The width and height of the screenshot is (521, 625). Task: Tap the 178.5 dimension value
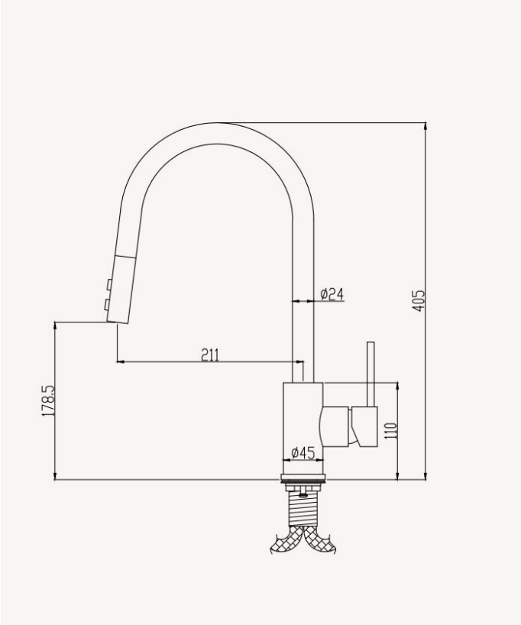(x=48, y=401)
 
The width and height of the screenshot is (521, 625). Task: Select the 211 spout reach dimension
(x=210, y=355)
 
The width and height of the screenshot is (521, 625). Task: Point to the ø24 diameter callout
(x=332, y=293)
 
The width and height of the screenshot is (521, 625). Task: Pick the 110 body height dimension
(x=390, y=431)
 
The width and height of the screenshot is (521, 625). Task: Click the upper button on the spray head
(x=109, y=285)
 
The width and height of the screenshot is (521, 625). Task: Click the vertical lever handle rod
(x=370, y=374)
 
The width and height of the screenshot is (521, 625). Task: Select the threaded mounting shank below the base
(x=304, y=505)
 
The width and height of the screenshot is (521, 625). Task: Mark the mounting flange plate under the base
(x=305, y=482)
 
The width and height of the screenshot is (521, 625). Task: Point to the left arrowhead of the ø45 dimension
(x=286, y=461)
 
